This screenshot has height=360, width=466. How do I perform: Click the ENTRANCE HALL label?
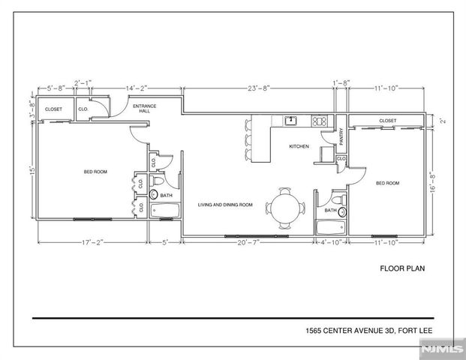click(144, 109)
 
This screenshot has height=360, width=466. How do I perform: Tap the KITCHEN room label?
click(299, 147)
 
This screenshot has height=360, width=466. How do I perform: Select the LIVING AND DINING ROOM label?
click(224, 204)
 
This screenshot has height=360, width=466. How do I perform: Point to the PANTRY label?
click(341, 136)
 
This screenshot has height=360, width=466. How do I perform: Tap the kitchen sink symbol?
click(290, 121)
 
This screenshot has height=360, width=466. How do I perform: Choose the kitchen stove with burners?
click(319, 121)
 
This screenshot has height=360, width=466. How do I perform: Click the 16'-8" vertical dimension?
click(429, 181)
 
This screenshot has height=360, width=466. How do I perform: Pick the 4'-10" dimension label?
click(331, 243)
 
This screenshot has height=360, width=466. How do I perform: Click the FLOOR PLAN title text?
click(402, 268)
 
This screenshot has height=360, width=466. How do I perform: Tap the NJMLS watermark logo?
click(441, 349)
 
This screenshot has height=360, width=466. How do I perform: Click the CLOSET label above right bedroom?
click(387, 121)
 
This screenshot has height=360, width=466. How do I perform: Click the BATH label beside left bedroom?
click(166, 195)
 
